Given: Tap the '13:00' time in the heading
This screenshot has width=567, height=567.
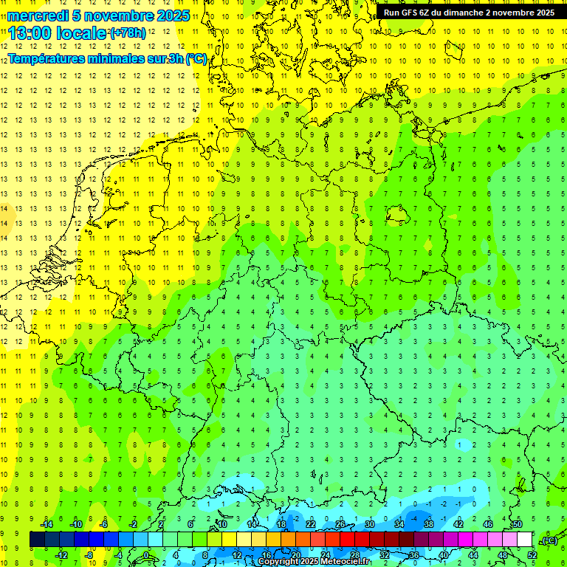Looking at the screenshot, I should click(x=30, y=33).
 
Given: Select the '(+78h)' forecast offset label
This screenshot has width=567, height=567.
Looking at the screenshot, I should click(x=128, y=33).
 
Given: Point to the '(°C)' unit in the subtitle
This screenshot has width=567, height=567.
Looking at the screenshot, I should click(x=196, y=58).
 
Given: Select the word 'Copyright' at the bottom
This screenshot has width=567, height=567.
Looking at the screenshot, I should click(x=280, y=562).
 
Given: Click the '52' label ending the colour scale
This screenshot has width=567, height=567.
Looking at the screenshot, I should click(x=532, y=554).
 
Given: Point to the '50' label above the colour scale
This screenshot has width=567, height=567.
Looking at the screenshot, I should click(x=517, y=523).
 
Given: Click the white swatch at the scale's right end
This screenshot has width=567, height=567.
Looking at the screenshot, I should click(x=524, y=539).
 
